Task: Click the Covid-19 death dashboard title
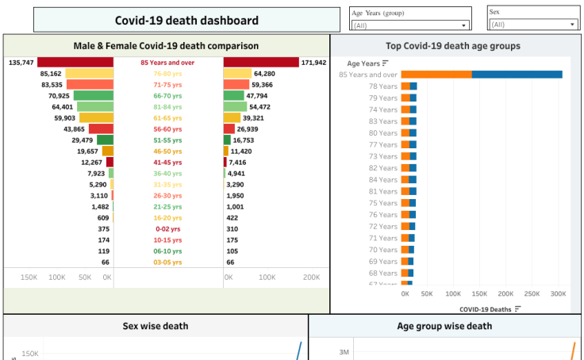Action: point(186,21)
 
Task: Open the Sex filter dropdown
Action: point(532,25)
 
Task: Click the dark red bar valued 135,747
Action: point(75,62)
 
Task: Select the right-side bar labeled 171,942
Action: point(261,62)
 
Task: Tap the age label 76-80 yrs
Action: point(167,73)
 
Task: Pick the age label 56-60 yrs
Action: point(167,128)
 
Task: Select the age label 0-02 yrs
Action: point(167,228)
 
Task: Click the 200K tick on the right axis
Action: point(311,278)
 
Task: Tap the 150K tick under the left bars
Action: point(29,278)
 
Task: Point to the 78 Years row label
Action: point(383,86)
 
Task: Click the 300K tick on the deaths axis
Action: point(559,293)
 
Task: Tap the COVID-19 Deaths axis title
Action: point(485,308)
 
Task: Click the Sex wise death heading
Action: point(156,326)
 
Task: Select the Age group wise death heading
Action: point(444,326)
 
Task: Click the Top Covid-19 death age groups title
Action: point(452,46)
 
